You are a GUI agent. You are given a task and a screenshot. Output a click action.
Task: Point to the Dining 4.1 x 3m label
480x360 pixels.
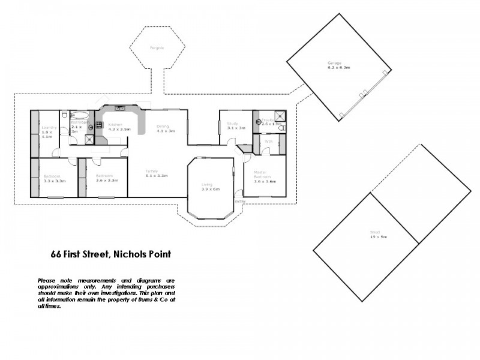(x=164, y=128)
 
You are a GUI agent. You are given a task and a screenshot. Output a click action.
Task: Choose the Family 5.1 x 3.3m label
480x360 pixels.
(x=156, y=173)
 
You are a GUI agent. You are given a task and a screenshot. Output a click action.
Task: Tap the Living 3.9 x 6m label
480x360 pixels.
(x=210, y=187)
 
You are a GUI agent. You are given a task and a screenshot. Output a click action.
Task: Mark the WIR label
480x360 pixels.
(x=269, y=141)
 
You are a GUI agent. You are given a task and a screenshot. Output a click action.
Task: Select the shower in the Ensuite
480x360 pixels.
(x=278, y=116)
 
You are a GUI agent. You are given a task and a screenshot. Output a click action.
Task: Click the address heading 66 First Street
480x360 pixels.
(x=111, y=254)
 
